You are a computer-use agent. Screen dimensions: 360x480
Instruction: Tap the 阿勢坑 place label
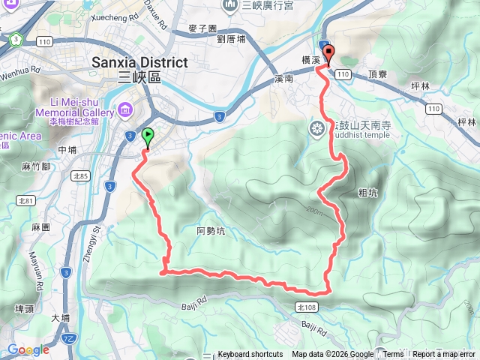click(x=210, y=231)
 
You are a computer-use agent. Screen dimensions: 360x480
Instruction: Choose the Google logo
click(x=28, y=349)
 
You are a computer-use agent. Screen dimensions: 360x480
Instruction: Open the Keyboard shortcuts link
click(x=250, y=355)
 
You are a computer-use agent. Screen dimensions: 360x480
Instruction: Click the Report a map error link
click(x=444, y=355)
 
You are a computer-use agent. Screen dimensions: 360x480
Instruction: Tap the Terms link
click(x=394, y=355)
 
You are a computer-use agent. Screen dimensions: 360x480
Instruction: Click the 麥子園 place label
click(x=202, y=28)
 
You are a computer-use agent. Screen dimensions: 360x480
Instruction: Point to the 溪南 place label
click(x=286, y=78)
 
